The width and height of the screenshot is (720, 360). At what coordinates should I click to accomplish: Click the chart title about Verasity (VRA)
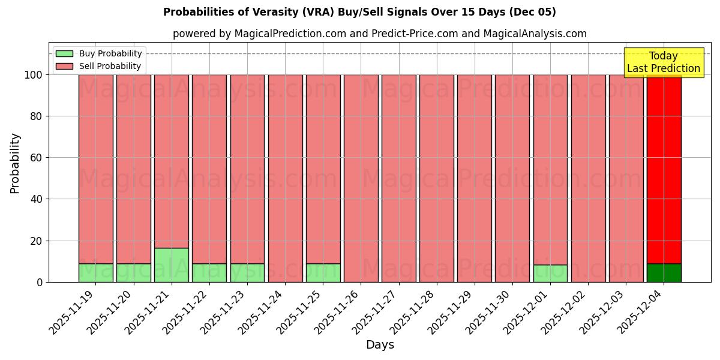[359, 12]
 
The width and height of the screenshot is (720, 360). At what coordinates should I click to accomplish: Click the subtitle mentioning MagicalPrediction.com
[379, 34]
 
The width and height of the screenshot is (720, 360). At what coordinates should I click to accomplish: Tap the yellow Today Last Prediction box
[663, 62]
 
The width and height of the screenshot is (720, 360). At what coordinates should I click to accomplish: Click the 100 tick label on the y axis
[33, 75]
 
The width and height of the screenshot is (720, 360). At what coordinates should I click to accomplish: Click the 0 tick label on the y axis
[39, 282]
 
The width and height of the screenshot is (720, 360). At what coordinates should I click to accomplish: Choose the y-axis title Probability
[15, 163]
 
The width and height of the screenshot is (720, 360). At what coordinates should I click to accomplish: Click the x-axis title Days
[380, 345]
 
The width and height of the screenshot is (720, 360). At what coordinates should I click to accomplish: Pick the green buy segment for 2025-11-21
[172, 265]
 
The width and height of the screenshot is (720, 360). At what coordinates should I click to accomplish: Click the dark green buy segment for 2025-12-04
[664, 272]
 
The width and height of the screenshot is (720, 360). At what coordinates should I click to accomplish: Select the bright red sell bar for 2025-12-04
[664, 168]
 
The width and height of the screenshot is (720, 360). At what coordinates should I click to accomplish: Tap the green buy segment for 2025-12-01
[550, 273]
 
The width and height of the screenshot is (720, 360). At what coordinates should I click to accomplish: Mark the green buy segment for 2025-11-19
[96, 272]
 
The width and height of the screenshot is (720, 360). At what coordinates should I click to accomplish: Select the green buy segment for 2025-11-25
[323, 272]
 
